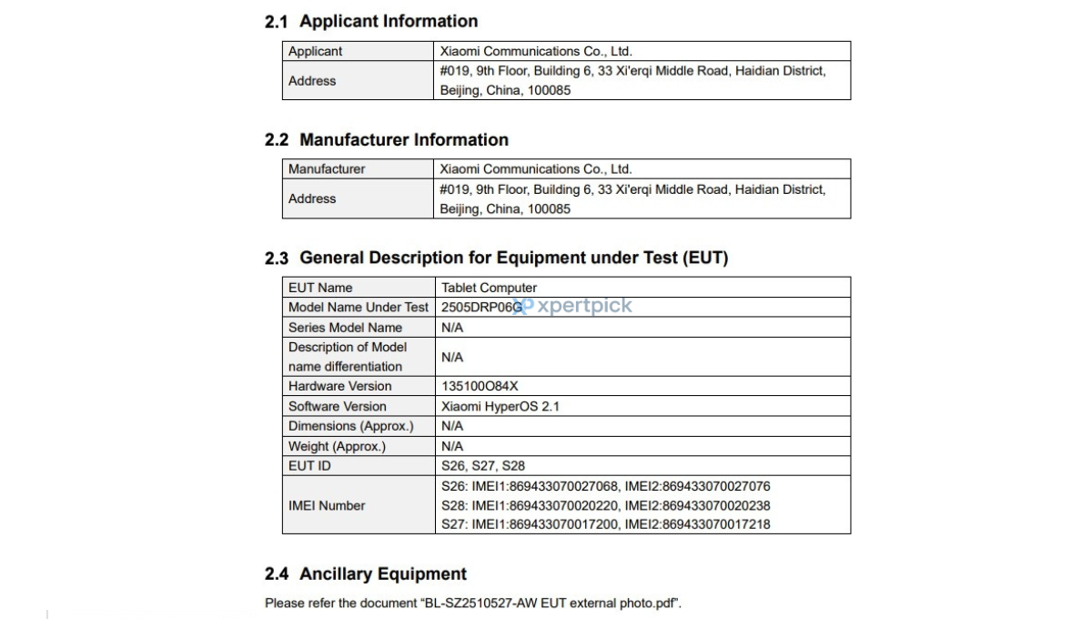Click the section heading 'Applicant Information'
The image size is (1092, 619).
click(x=389, y=21)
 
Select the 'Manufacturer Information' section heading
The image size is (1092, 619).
click(x=404, y=139)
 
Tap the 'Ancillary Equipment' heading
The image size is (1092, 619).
click(x=383, y=573)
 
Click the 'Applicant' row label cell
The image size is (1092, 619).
click(x=316, y=51)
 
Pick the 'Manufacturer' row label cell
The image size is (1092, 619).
click(x=327, y=168)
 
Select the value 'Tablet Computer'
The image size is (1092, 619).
click(x=489, y=288)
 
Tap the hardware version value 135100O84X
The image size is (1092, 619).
click(x=480, y=386)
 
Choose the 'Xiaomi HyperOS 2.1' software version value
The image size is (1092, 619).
click(x=500, y=406)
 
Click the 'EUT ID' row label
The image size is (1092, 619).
click(x=309, y=466)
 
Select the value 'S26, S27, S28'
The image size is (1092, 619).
click(x=482, y=466)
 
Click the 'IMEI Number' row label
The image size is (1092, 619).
click(x=327, y=505)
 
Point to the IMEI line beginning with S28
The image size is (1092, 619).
click(x=605, y=505)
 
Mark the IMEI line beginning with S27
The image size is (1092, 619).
click(x=605, y=524)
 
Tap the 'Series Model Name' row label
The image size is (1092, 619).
click(x=345, y=328)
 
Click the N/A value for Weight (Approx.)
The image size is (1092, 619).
click(x=452, y=446)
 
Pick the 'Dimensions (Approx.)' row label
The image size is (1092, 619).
click(x=350, y=426)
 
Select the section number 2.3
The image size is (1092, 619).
click(x=277, y=259)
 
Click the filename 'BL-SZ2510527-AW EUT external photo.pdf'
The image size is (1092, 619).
click(x=550, y=603)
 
